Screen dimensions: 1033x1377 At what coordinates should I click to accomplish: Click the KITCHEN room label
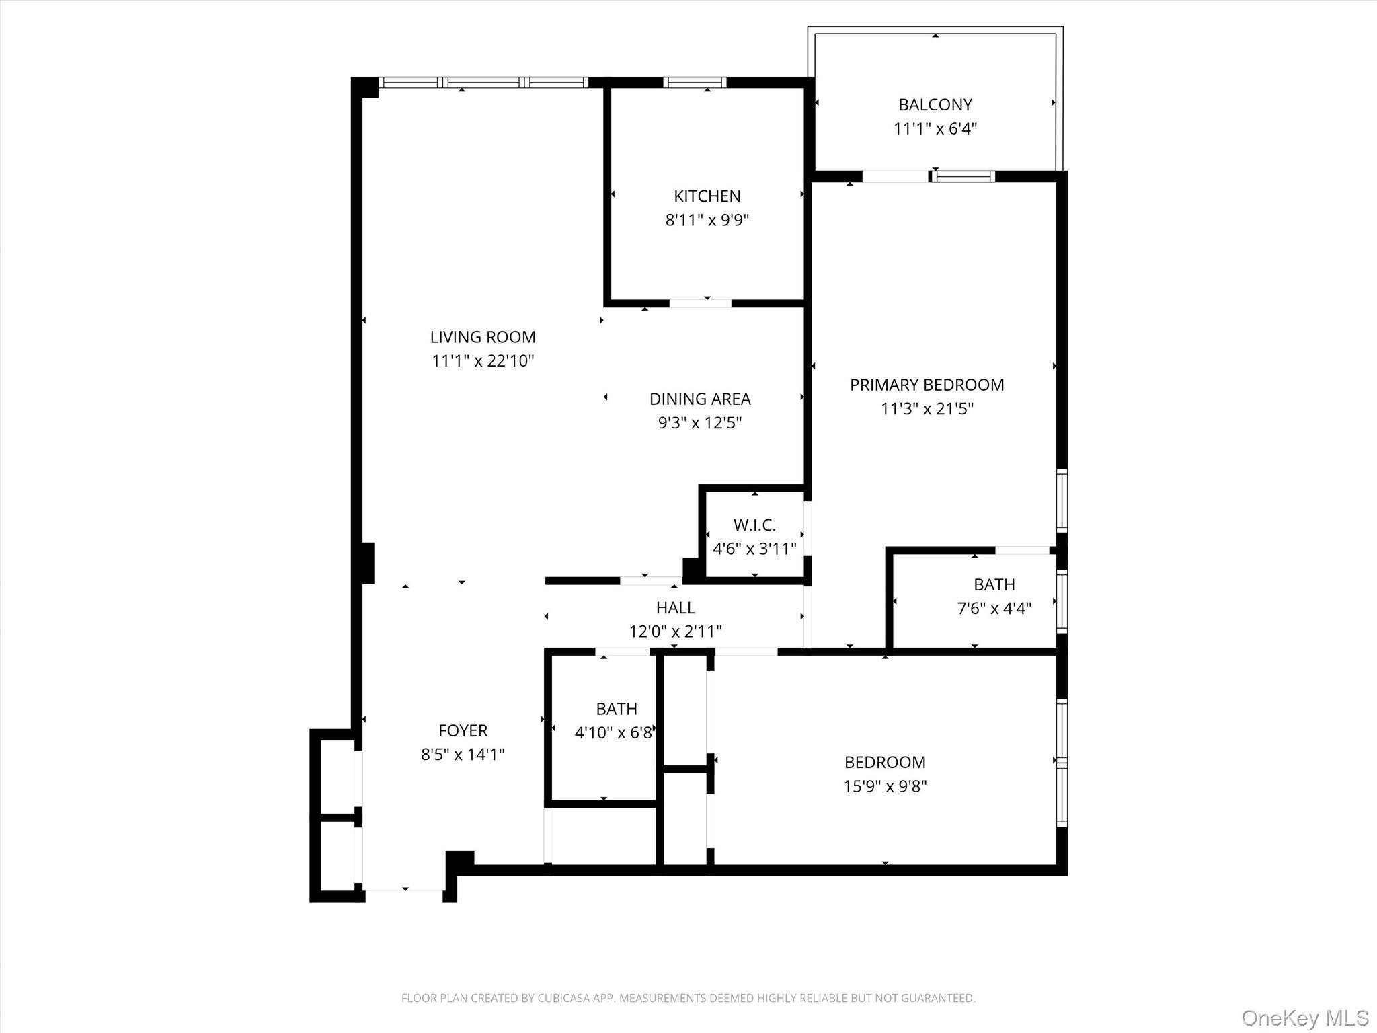tap(707, 196)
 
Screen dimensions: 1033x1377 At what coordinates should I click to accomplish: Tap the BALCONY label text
tap(935, 104)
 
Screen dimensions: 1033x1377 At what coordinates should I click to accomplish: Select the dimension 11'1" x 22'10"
tap(482, 361)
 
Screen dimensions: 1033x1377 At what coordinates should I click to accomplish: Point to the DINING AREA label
tap(699, 399)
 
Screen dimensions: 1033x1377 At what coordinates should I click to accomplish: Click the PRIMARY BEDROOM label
tap(927, 385)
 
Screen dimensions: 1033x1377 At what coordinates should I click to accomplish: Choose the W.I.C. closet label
tap(754, 525)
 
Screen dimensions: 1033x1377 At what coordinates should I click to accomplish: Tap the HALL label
tap(675, 607)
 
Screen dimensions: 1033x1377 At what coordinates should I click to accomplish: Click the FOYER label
tap(463, 730)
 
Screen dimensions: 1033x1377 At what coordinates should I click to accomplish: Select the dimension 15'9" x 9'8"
tap(885, 786)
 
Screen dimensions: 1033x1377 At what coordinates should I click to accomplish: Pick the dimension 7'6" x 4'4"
tap(994, 609)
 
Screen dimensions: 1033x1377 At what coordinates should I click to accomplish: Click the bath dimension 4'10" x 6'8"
tap(613, 733)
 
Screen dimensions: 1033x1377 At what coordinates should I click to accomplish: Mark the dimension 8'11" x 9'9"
tap(707, 220)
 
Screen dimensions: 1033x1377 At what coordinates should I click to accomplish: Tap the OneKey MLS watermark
tap(1304, 1018)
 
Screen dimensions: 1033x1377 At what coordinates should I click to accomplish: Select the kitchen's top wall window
tap(695, 83)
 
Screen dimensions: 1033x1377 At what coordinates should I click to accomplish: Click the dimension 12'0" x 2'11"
tap(675, 632)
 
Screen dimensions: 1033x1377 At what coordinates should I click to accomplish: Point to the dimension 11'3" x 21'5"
tap(927, 409)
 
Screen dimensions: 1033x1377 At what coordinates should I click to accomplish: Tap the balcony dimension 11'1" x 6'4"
tap(935, 128)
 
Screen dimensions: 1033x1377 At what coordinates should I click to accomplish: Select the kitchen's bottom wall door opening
tap(700, 303)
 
